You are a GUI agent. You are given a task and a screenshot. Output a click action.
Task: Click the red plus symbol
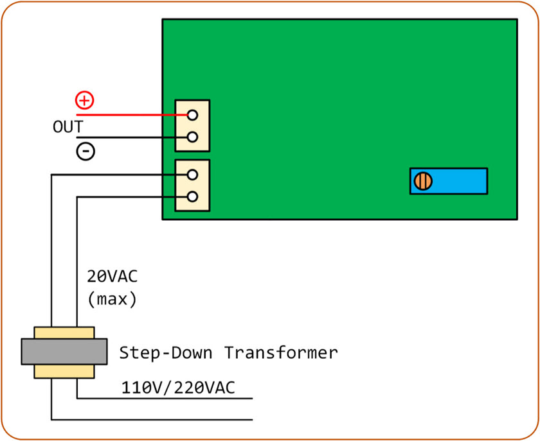(x=85, y=99)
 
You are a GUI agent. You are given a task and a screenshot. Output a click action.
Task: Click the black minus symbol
(x=85, y=151)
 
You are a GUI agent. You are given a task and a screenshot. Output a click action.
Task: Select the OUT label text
(x=67, y=126)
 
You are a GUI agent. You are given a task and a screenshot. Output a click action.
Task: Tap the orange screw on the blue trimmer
(x=422, y=181)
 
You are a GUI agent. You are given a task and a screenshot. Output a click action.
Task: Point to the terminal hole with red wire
(x=192, y=115)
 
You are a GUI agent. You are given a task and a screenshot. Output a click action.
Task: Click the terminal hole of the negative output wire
(x=192, y=137)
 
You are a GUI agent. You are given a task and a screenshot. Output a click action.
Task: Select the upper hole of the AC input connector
(x=192, y=174)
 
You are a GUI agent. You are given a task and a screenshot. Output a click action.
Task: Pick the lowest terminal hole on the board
(x=192, y=196)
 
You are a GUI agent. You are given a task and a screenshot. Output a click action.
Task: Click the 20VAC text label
(x=112, y=277)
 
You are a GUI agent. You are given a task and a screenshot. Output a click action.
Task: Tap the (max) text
(x=112, y=298)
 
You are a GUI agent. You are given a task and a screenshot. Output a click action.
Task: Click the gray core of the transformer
(x=64, y=352)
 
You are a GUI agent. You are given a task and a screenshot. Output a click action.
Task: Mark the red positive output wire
(x=129, y=115)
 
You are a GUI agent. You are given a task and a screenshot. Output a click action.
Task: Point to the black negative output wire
(x=129, y=137)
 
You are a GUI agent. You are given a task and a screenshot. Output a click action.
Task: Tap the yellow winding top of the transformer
(x=64, y=333)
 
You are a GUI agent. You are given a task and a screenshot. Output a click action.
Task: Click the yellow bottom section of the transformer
(x=64, y=372)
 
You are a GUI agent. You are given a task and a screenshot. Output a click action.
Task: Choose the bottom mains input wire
(x=154, y=420)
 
